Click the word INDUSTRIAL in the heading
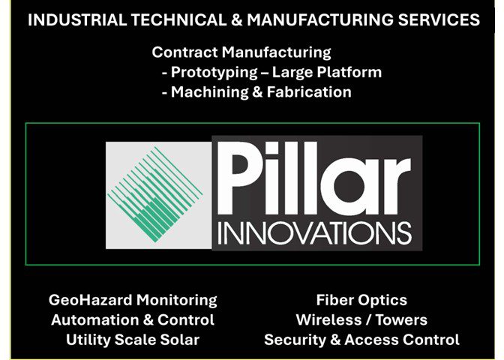click(77, 20)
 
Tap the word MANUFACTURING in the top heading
click(319, 20)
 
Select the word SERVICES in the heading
click(439, 20)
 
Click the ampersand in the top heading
click(236, 20)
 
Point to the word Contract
click(184, 52)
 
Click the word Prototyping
click(214, 73)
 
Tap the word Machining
click(209, 92)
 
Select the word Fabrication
click(309, 92)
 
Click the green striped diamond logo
click(155, 194)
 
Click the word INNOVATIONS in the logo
click(315, 233)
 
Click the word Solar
click(180, 340)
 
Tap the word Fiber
click(334, 300)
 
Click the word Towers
click(401, 320)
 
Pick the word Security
click(295, 340)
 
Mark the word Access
click(371, 340)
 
